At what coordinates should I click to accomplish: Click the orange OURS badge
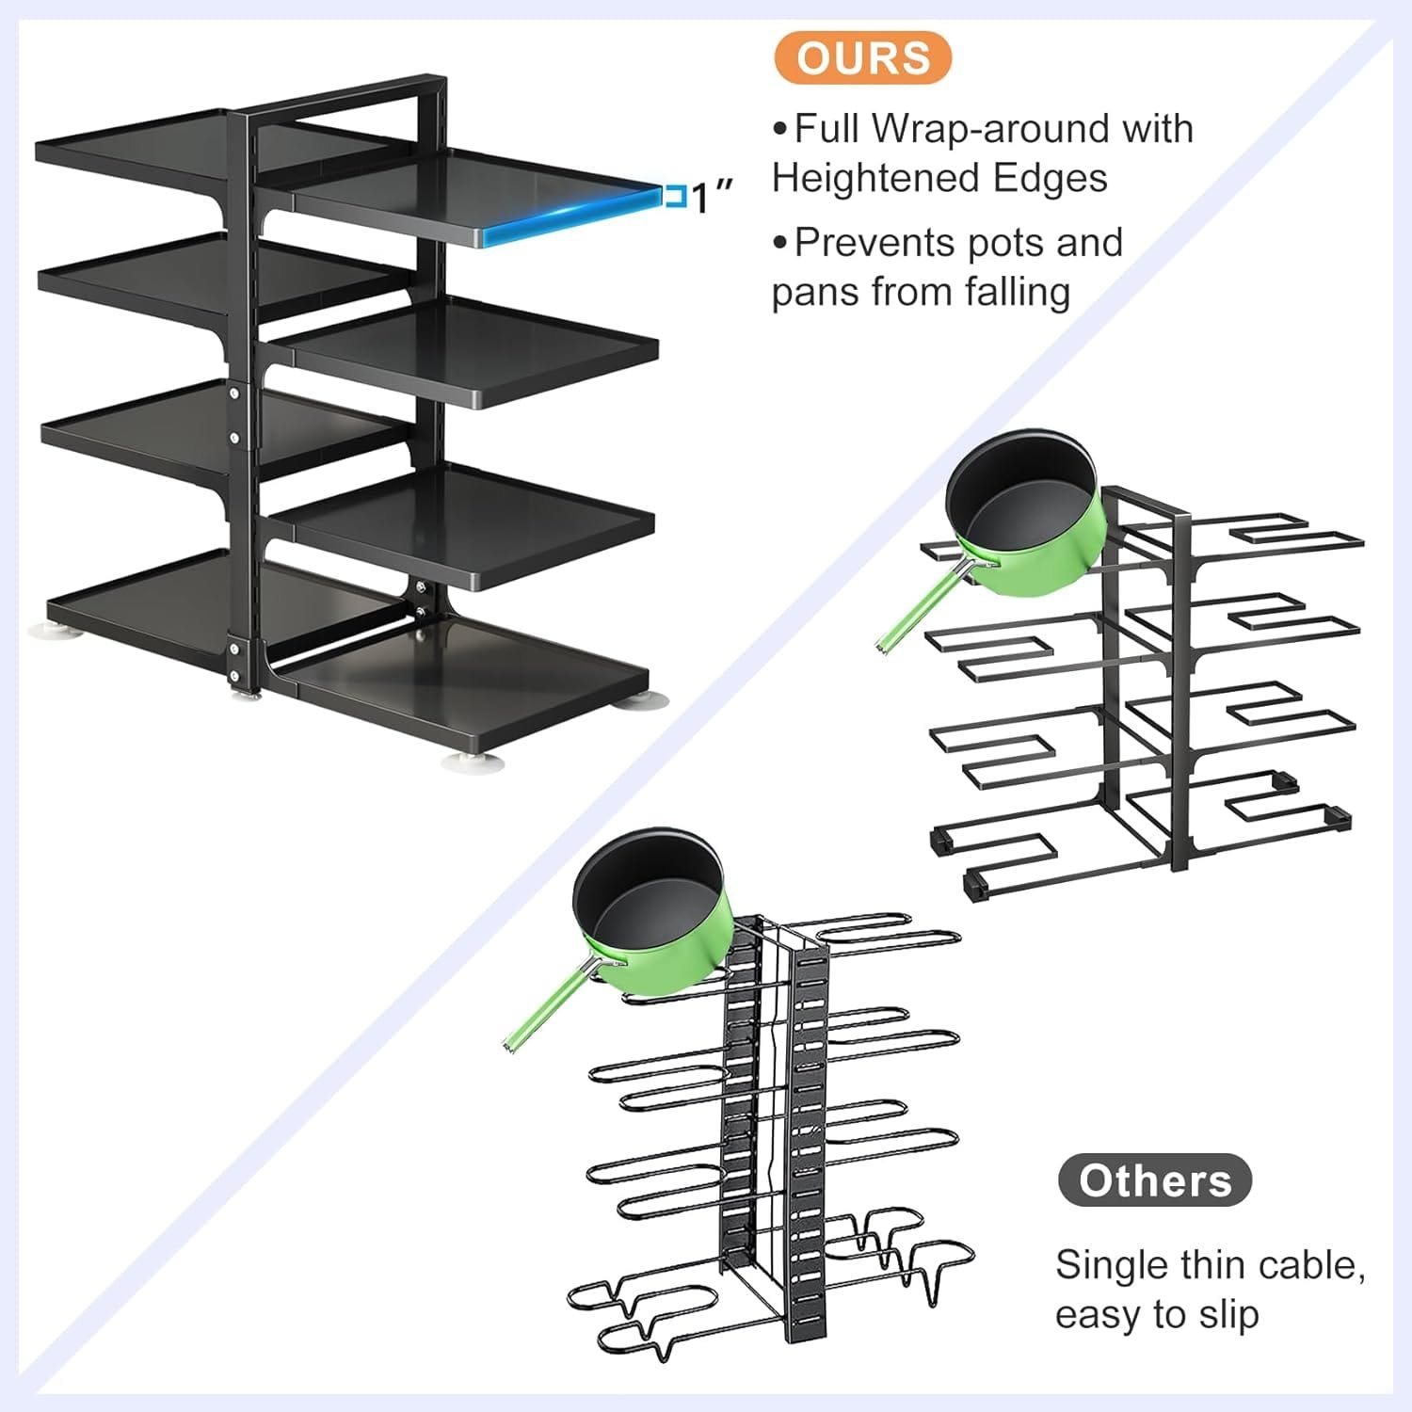coord(862,58)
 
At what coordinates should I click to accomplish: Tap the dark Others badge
coord(1154,1180)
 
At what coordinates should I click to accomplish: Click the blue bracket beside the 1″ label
coord(674,197)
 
